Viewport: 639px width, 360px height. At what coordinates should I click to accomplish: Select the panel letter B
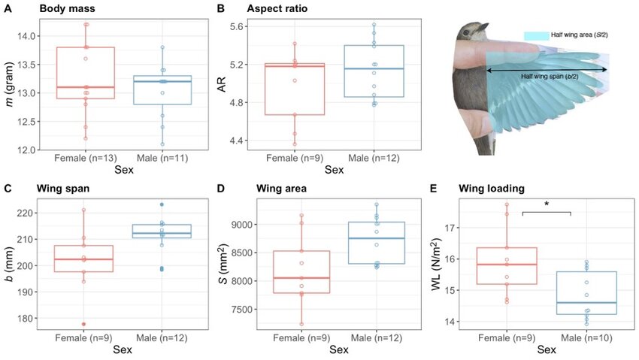(x=221, y=8)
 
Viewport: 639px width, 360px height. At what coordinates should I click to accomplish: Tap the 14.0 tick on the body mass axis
(x=26, y=36)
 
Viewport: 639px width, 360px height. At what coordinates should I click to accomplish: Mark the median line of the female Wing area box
(x=301, y=278)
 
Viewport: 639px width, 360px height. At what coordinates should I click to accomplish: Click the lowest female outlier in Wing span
(x=83, y=324)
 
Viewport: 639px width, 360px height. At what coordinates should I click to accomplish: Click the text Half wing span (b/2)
(x=547, y=76)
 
